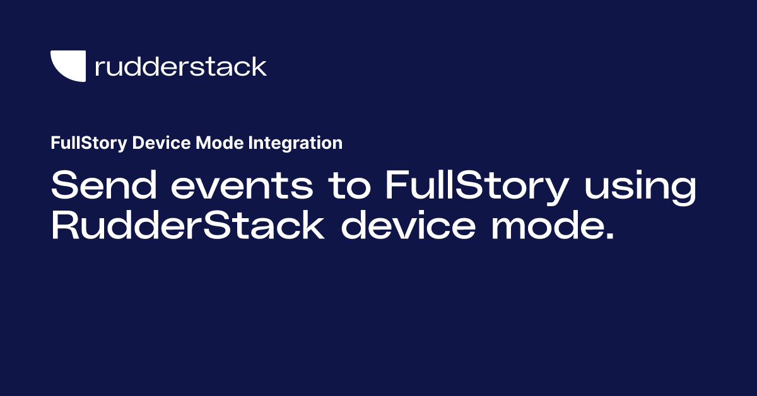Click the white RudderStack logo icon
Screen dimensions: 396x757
pyautogui.click(x=67, y=66)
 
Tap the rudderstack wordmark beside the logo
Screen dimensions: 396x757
pyautogui.click(x=180, y=66)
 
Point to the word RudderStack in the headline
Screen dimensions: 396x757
pyautogui.click(x=187, y=226)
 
